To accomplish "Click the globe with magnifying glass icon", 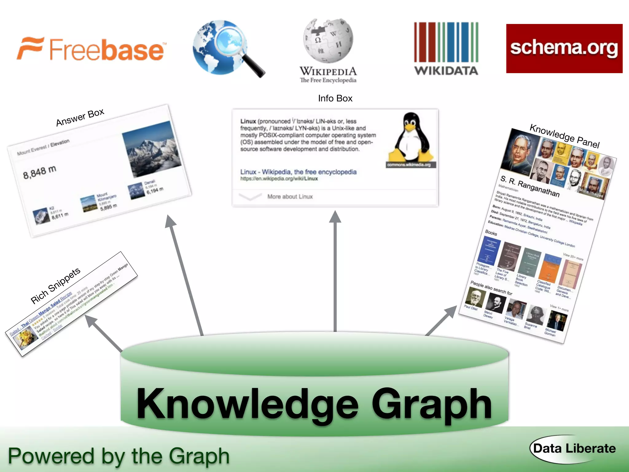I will coord(226,48).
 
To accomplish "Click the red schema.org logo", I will coord(564,49).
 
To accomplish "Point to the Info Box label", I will coord(335,98).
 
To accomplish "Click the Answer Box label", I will coord(80,117).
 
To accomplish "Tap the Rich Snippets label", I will coord(56,285).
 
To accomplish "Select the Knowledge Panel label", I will coord(565,136).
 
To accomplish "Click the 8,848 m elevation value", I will coord(40,172).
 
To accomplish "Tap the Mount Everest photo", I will coord(151,149).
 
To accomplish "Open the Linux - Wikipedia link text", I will coord(298,172).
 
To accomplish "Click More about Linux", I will coord(290,197).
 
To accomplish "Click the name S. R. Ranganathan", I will coord(530,186).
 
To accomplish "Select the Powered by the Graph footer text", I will coord(119,456).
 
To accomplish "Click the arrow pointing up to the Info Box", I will coord(335,270).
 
